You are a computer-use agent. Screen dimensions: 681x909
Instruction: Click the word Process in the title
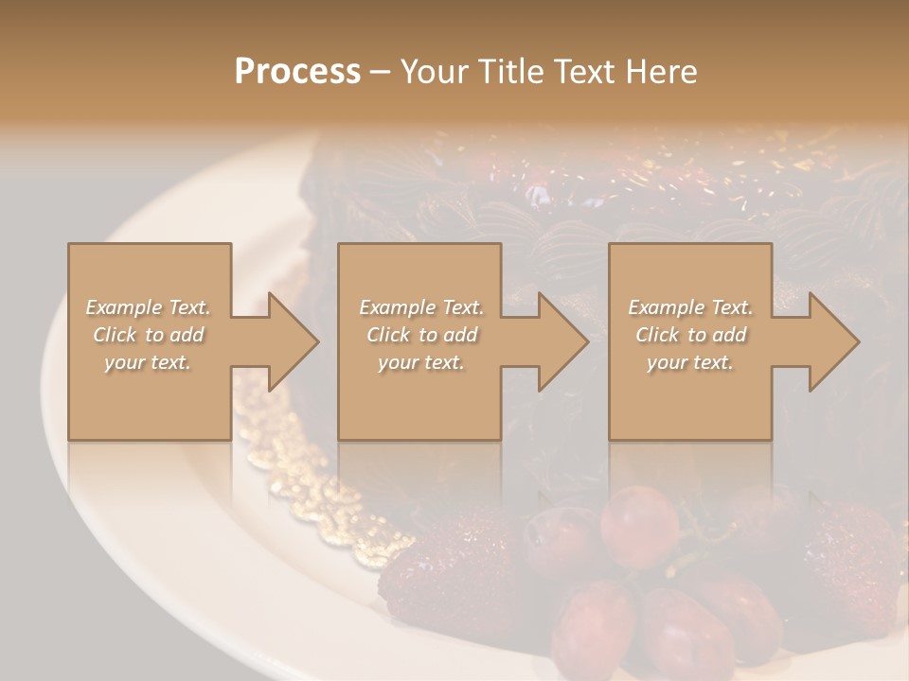297,72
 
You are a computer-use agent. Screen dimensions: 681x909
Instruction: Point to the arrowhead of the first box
293,341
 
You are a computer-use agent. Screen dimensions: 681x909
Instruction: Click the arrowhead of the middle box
562,341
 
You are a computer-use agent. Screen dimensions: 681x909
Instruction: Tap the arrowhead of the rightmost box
833,341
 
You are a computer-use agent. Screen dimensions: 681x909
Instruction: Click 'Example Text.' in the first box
149,307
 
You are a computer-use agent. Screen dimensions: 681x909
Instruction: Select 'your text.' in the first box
149,362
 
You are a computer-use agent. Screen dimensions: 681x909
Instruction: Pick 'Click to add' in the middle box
421,335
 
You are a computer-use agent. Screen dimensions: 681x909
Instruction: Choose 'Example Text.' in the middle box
421,307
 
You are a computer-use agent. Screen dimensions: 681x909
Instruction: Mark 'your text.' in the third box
690,362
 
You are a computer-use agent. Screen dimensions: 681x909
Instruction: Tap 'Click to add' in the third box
690,335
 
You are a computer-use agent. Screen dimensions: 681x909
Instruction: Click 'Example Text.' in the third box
690,307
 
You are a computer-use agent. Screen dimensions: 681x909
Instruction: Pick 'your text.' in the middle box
421,362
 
